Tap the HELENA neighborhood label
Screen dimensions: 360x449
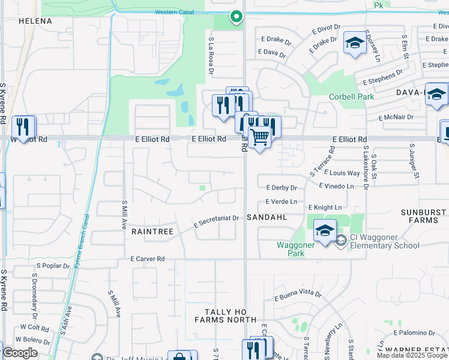35,21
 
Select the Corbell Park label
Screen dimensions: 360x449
351,97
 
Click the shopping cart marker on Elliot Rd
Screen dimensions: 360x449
259,137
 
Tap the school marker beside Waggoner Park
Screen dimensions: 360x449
325,230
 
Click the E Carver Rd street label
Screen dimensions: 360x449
147,259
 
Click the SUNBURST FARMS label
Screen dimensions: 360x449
424,217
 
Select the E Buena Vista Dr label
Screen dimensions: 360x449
298,295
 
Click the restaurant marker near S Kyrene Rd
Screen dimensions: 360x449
23,127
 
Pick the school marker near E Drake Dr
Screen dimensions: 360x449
355,43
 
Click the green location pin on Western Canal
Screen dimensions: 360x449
237,17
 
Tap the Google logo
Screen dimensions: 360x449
20,353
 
